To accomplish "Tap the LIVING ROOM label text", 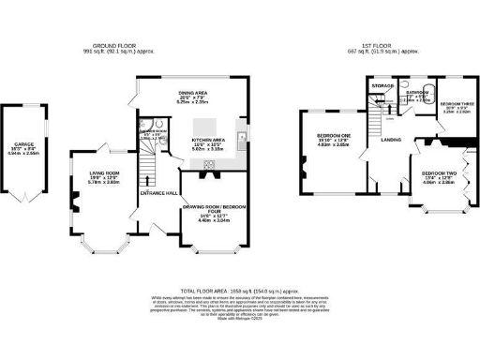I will tap(105, 173).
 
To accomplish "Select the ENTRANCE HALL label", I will tap(157, 192).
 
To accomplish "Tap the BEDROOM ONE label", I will tap(332, 135).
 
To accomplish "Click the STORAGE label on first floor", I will tap(381, 86).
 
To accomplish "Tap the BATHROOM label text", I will tap(417, 93).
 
